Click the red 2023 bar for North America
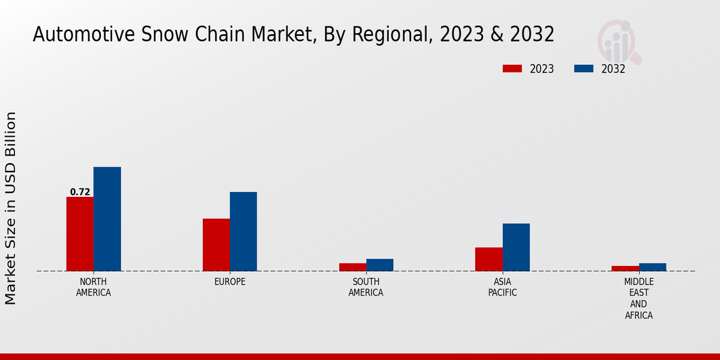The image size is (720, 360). point(80,234)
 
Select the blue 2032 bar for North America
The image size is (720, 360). point(107,219)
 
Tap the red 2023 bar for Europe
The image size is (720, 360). point(216,245)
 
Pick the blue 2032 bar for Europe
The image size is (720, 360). point(243,232)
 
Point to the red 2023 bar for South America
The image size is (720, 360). point(352,267)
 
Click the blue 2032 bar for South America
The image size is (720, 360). point(380,265)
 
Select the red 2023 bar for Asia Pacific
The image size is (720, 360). point(488,259)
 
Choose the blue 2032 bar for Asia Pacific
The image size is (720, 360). point(516,247)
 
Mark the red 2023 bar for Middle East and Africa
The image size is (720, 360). point(625,268)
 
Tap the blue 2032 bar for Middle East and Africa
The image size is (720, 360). point(652,267)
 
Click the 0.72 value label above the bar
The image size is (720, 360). point(80,192)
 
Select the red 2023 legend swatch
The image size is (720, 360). point(512,68)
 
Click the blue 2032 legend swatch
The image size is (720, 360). point(583,68)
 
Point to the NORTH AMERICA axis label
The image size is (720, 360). point(94,287)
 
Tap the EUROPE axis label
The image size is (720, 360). point(230,282)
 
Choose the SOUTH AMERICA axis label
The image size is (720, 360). point(366,287)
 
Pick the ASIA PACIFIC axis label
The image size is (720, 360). point(502,287)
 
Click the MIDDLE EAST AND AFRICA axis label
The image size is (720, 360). point(638,298)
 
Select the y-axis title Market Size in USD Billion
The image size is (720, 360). point(11,208)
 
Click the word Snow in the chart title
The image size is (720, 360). point(163,35)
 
